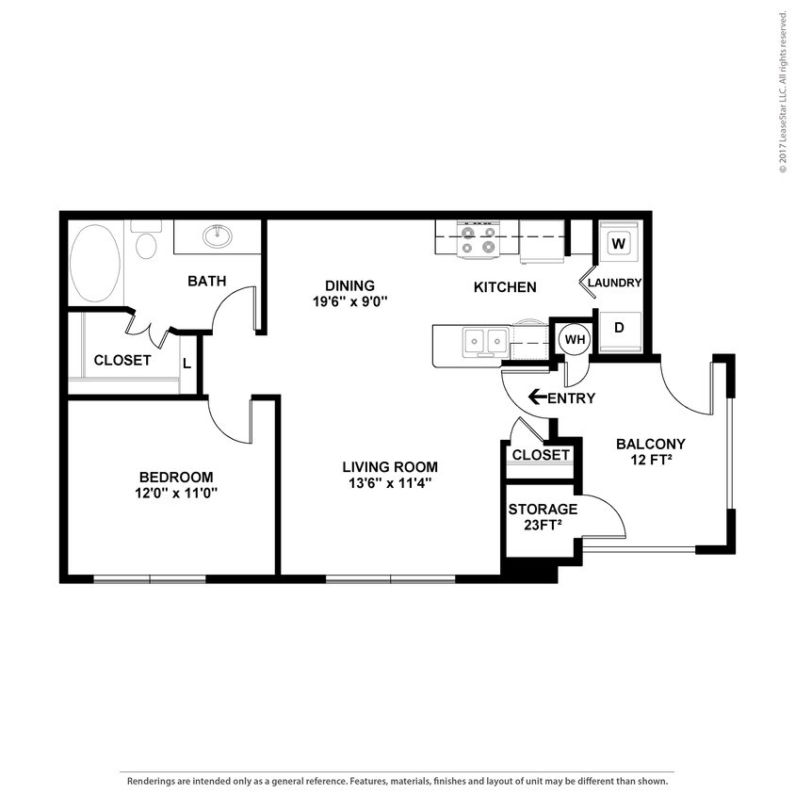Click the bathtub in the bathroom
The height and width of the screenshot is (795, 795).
95,263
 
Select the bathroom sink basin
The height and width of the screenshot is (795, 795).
218,236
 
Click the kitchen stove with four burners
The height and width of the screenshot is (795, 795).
479,239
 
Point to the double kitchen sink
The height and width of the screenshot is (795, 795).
486,340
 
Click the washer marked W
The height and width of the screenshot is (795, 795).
619,243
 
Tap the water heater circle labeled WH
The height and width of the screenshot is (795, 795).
575,339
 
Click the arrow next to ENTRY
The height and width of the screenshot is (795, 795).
538,397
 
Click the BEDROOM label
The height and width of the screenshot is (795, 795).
176,478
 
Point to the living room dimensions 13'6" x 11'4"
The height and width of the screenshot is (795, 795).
390,483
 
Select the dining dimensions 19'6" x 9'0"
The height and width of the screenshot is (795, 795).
349,301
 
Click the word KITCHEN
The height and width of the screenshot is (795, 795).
505,287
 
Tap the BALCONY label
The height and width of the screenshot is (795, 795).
651,445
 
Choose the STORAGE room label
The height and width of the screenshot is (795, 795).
543,509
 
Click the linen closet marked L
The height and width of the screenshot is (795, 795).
187,364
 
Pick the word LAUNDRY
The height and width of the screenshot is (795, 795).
614,283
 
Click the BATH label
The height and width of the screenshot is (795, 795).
207,281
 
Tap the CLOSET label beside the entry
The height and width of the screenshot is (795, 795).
541,455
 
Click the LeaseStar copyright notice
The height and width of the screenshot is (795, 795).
784,88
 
